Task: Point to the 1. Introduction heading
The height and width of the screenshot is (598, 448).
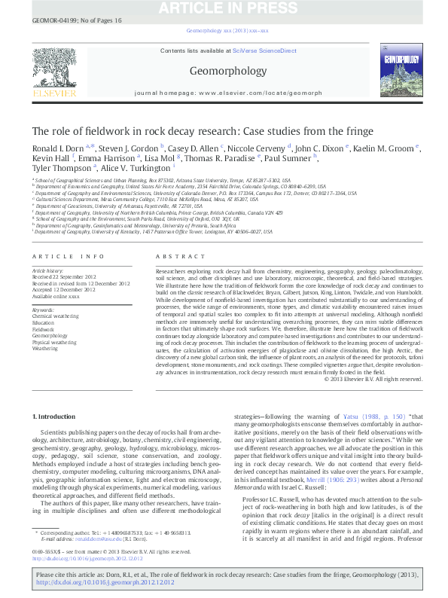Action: coord(58,416)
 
